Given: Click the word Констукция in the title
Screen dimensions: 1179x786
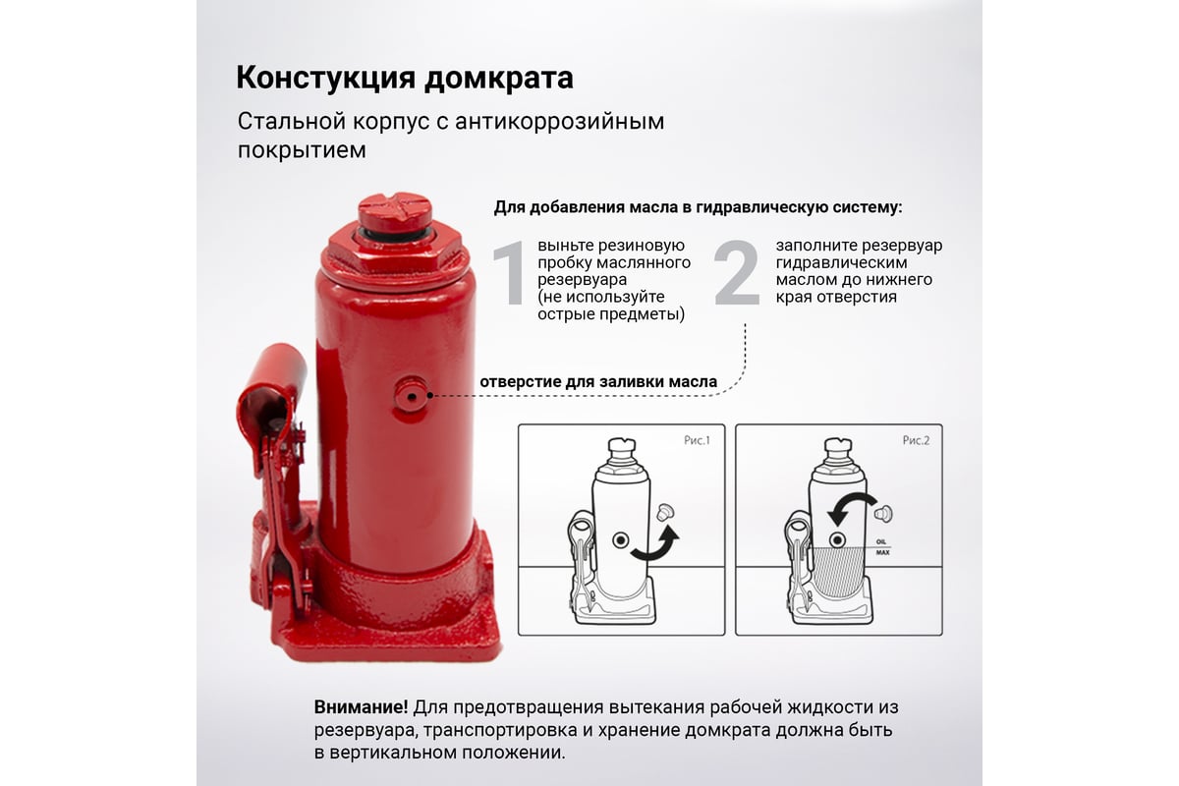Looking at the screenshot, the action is point(326,78).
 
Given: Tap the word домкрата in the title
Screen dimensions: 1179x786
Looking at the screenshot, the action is point(499,78).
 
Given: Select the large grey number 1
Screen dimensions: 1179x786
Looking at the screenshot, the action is point(510,273).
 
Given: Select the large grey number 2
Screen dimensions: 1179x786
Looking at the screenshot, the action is point(737,273).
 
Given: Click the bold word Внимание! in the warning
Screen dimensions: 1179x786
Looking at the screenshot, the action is point(362,707).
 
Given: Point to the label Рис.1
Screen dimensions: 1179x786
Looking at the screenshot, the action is point(697,440).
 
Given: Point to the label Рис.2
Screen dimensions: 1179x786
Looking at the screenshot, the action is point(916,440).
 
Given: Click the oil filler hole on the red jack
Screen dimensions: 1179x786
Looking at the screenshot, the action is point(411,395).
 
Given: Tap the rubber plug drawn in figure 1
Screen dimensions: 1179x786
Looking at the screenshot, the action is point(666,512).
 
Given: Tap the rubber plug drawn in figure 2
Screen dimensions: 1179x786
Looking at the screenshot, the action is point(884,513).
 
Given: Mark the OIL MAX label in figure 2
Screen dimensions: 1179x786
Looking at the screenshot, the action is point(882,547).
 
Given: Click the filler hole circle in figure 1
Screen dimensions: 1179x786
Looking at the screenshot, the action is point(621,540).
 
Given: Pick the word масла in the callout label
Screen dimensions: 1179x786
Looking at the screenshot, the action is point(693,381).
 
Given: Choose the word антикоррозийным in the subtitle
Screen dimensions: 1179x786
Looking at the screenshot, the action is point(559,122).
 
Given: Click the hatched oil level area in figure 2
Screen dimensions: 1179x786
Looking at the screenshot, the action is point(837,572).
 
